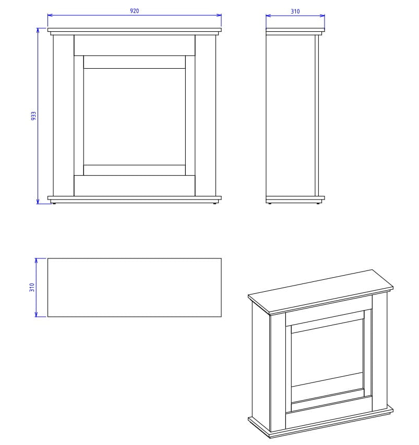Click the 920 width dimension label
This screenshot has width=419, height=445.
click(x=135, y=11)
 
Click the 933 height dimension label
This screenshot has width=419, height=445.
click(x=33, y=116)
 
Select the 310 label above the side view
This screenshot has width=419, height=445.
click(x=295, y=11)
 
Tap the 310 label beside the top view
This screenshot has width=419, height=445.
click(x=32, y=287)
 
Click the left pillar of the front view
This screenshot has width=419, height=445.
click(x=64, y=116)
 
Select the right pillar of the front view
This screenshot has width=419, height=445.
click(x=206, y=116)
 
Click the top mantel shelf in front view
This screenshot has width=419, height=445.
click(x=135, y=30)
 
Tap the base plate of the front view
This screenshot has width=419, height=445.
click(x=135, y=198)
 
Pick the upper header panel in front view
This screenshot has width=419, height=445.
click(x=135, y=45)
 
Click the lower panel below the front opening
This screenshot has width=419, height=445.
click(x=135, y=186)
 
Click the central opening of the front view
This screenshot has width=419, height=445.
click(x=135, y=117)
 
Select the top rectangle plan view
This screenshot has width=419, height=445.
click(x=135, y=288)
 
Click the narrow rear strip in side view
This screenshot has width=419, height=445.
click(x=317, y=116)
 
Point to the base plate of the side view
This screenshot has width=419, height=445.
click(x=295, y=198)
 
